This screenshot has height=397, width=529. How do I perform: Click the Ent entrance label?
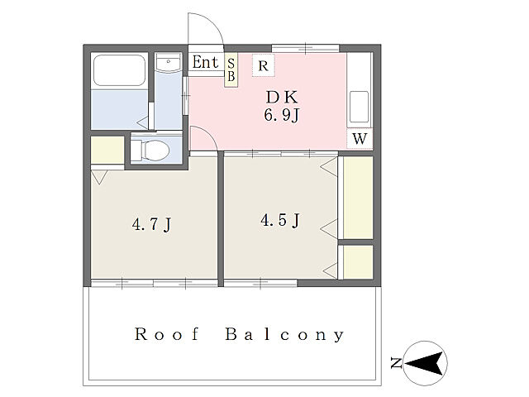tap(206, 62)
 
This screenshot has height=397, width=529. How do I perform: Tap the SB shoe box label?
tap(231, 70)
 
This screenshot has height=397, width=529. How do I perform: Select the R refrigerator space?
tap(263, 65)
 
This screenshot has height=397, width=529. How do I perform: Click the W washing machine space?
tap(360, 138)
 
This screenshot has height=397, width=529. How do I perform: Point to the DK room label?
tap(282, 98)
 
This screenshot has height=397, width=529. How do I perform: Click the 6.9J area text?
tap(281, 115)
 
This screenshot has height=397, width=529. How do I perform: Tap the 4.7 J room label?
tap(152, 224)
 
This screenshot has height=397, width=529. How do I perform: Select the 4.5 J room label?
tap(280, 220)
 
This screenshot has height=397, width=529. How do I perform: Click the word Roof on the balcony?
tap(167, 334)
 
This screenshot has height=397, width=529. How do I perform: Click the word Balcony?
tap(284, 334)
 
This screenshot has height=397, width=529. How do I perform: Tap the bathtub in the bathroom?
tap(119, 70)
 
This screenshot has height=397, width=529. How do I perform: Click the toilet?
tap(150, 150)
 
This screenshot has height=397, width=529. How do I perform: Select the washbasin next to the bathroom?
tap(169, 62)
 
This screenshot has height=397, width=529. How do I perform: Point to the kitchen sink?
tap(359, 107)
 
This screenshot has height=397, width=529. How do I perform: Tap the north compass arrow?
tap(424, 363)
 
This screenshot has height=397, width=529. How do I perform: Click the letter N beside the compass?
tap(397, 363)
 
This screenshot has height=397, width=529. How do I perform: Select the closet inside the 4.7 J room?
tap(107, 150)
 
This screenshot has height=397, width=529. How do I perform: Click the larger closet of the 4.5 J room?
tap(358, 198)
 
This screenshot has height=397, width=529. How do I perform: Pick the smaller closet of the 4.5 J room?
tap(358, 262)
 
